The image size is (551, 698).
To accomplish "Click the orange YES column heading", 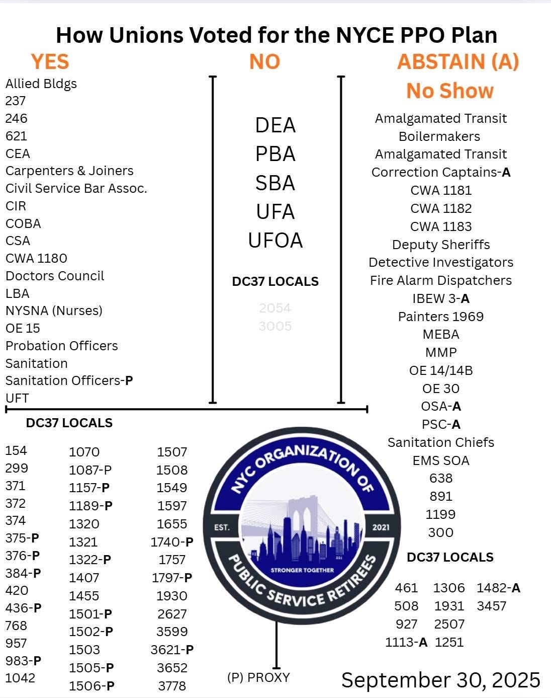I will point(50,62).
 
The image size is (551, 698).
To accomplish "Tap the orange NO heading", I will point(264,62).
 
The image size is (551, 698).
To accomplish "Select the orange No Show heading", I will point(450,91).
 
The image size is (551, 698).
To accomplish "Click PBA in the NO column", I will point(275,154).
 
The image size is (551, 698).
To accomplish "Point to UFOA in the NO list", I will point(275,241).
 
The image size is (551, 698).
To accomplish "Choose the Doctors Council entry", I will point(55,276).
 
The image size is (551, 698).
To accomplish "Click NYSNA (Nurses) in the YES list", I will point(54,311).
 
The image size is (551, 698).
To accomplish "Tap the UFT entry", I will point(17,398).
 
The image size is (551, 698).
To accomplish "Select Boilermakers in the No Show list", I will point(439,136).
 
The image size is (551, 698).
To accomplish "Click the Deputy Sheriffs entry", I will point(441,245).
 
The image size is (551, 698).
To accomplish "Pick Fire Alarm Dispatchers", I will point(441,280).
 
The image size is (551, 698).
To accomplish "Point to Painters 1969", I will point(441,317).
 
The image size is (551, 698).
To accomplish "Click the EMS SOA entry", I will point(441,460).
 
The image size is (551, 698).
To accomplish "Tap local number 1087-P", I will point(90,470).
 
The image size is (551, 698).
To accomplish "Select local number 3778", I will point(172,686).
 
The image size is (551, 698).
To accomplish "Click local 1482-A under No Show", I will point(498,588).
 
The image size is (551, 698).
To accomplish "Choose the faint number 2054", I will point(275,308).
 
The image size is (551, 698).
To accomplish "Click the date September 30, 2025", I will point(441,680).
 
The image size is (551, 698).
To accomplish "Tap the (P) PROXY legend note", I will point(258,677).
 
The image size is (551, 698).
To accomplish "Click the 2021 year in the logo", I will point(381,527).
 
